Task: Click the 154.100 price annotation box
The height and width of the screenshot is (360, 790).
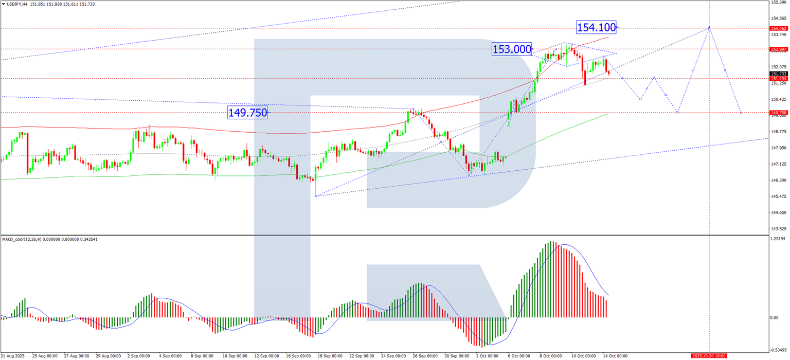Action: click(596, 27)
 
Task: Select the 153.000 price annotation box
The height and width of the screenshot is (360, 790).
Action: click(511, 49)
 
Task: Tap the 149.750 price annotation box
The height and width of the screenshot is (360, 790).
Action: click(248, 113)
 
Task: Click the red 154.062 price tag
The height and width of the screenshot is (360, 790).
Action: click(778, 28)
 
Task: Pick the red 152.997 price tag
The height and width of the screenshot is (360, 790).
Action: click(778, 49)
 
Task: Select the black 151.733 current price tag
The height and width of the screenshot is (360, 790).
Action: click(778, 74)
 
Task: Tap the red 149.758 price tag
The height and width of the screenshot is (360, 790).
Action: click(778, 113)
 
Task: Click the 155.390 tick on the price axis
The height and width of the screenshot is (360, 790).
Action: click(779, 3)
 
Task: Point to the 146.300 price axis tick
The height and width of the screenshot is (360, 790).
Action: click(779, 181)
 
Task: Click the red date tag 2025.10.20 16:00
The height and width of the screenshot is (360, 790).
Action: click(709, 356)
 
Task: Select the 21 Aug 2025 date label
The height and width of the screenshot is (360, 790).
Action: click(13, 356)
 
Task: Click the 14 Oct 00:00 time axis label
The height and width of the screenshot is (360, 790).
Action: click(615, 356)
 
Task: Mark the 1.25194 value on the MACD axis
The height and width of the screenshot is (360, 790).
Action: click(779, 239)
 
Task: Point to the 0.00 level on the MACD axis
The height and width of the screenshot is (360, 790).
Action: click(776, 318)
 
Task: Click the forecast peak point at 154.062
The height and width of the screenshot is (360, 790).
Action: click(709, 28)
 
